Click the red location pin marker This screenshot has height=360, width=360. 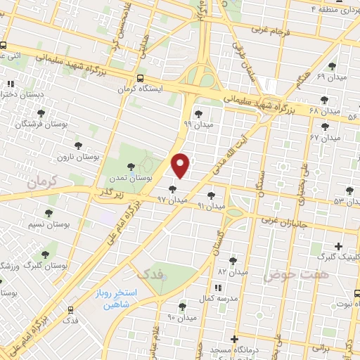click(x=181, y=165)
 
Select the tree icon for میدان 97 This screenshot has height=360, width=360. click(x=173, y=188)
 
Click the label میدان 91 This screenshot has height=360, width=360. click(x=211, y=206)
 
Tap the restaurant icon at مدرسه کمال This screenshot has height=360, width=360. click(x=217, y=288)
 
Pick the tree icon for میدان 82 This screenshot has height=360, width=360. click(x=233, y=260)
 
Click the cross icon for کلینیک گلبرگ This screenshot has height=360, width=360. click(x=339, y=246)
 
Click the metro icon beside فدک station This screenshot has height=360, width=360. click(x=70, y=309)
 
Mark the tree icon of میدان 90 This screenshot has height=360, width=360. click(x=182, y=305)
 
